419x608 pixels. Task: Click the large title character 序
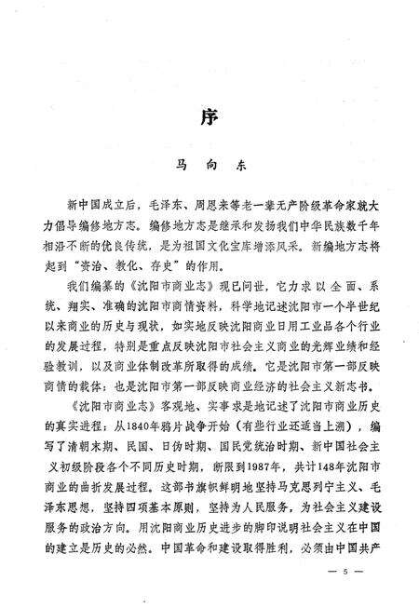(209, 118)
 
